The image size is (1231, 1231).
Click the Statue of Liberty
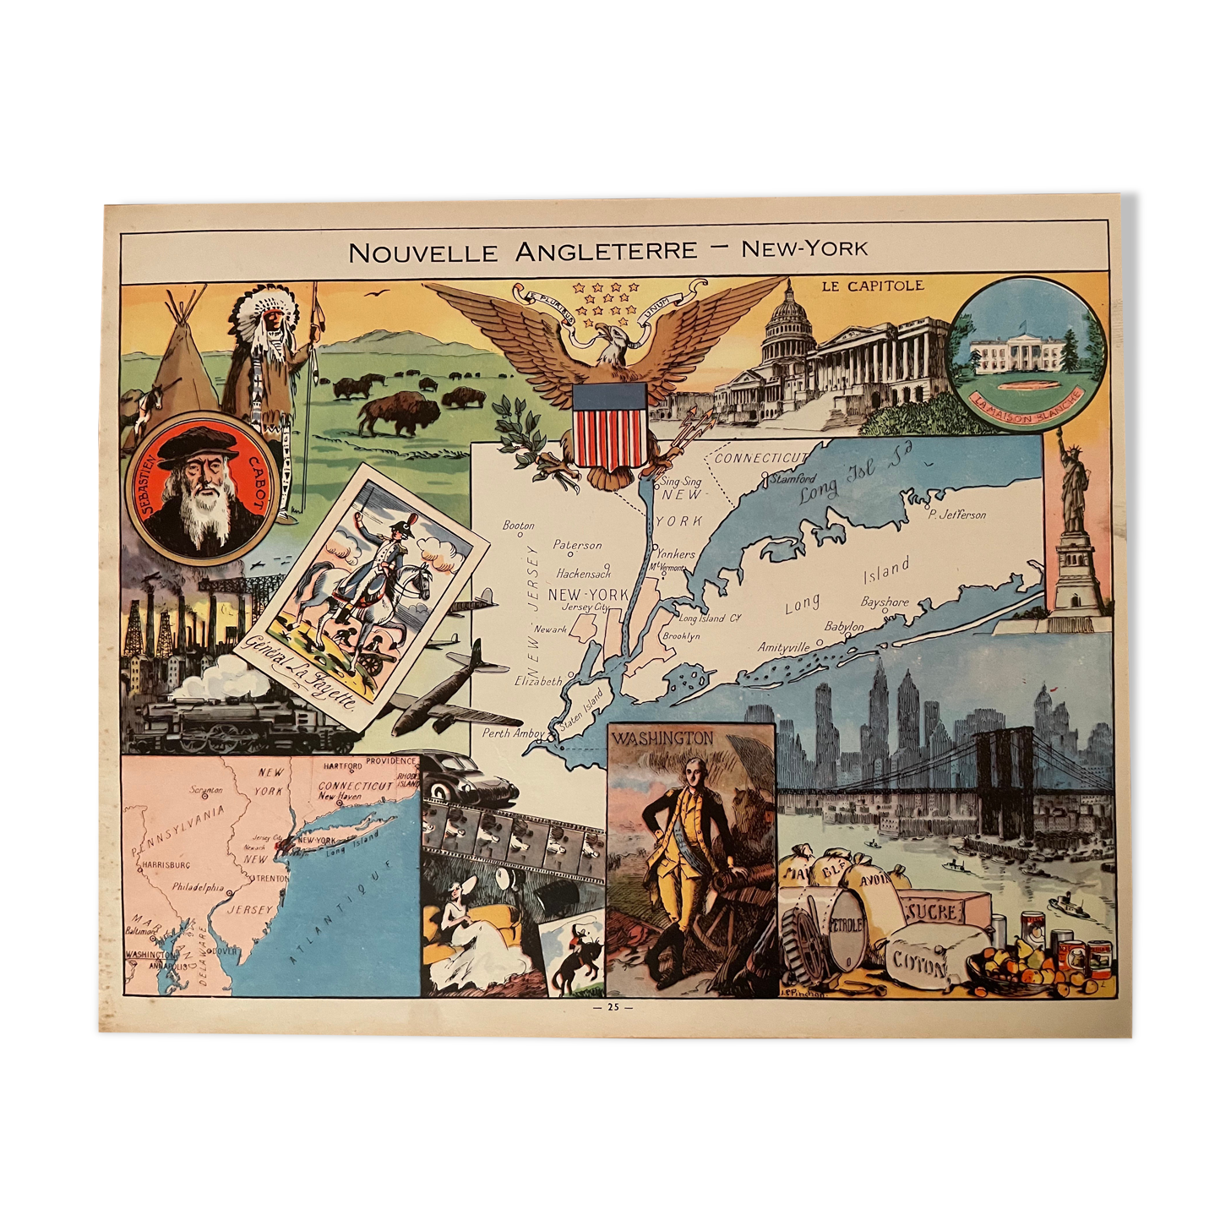[1074, 490]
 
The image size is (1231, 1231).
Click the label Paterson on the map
[578, 545]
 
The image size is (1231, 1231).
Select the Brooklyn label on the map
[681, 635]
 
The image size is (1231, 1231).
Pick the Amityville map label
[783, 647]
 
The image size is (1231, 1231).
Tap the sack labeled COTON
[919, 962]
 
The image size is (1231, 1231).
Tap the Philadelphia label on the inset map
[198, 888]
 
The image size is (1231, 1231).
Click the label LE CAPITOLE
[873, 286]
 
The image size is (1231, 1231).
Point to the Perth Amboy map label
[513, 733]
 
